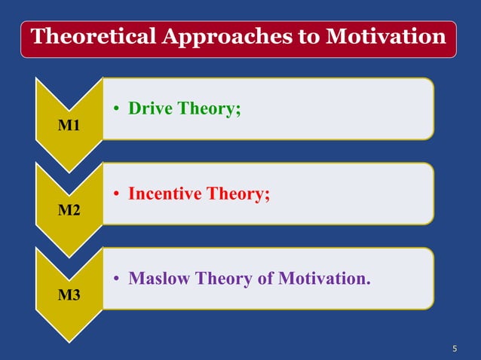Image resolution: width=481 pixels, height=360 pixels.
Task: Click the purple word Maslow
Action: (x=160, y=279)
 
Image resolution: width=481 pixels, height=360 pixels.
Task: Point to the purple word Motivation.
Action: (x=324, y=279)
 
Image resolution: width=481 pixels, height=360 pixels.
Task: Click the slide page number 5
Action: (x=455, y=348)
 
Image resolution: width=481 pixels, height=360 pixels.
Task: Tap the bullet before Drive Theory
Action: (x=118, y=109)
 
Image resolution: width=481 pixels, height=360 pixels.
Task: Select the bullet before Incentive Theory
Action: (x=118, y=194)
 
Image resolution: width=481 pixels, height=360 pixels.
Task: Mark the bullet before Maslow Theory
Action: (x=118, y=279)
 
